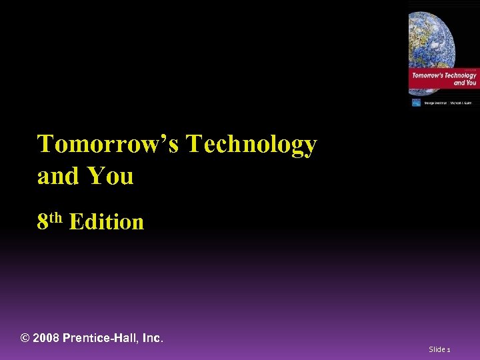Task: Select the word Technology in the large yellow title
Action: point(251,145)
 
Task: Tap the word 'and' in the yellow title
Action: point(56,177)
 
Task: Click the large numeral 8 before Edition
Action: point(43,221)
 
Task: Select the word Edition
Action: point(106,221)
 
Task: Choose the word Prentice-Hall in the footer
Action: point(101,338)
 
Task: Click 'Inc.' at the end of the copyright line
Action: point(153,338)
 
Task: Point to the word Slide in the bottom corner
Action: point(437,349)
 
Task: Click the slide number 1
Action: point(449,349)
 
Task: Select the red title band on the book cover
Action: point(443,79)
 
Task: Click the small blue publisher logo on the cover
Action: point(416,102)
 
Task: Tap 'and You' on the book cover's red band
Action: point(465,83)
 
